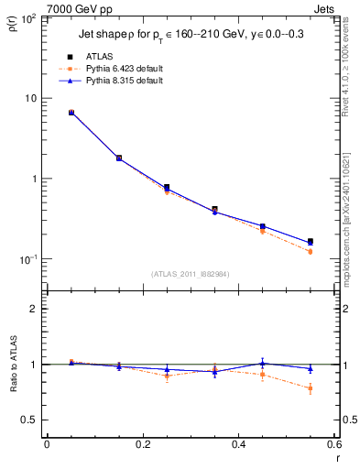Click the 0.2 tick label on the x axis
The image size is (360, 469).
pyautogui.click(x=142, y=446)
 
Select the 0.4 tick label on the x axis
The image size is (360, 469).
pyautogui.click(x=238, y=446)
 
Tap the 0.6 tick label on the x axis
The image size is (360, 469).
pyautogui.click(x=333, y=446)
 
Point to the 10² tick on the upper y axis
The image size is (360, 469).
pyautogui.click(x=29, y=18)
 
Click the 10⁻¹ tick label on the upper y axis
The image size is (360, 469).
pyautogui.click(x=29, y=259)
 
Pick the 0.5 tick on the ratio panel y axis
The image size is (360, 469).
pyautogui.click(x=32, y=420)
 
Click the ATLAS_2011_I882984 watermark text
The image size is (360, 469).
pyautogui.click(x=190, y=273)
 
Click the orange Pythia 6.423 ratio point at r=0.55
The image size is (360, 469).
pyautogui.click(x=310, y=388)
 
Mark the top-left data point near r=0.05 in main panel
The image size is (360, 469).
pyautogui.click(x=71, y=113)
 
